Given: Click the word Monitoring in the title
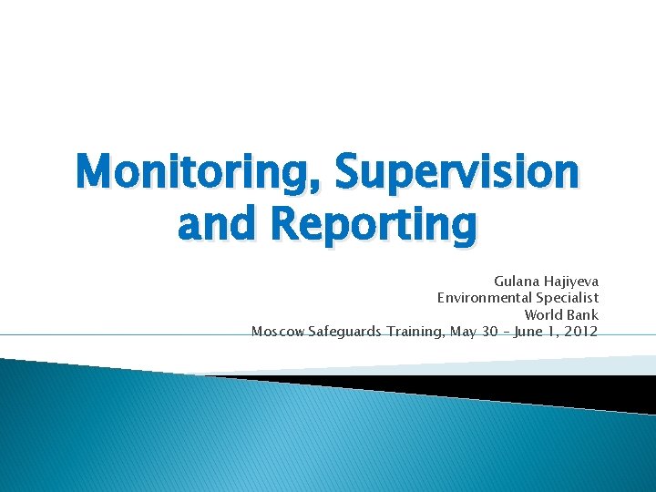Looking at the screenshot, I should [x=200, y=171].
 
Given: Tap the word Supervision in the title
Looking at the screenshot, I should [x=456, y=171].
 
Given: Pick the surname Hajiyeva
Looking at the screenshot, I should [x=572, y=282].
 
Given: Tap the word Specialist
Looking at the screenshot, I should [x=568, y=298].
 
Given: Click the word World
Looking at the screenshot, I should [x=545, y=314].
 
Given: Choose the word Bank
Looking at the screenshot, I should [x=583, y=314].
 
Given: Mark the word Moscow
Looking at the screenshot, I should [x=279, y=331].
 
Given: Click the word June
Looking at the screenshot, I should [x=529, y=331].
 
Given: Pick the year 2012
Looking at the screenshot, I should [x=581, y=331].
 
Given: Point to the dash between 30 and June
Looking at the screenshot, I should [x=507, y=331].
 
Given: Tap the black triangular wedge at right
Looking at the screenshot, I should [x=547, y=390].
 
